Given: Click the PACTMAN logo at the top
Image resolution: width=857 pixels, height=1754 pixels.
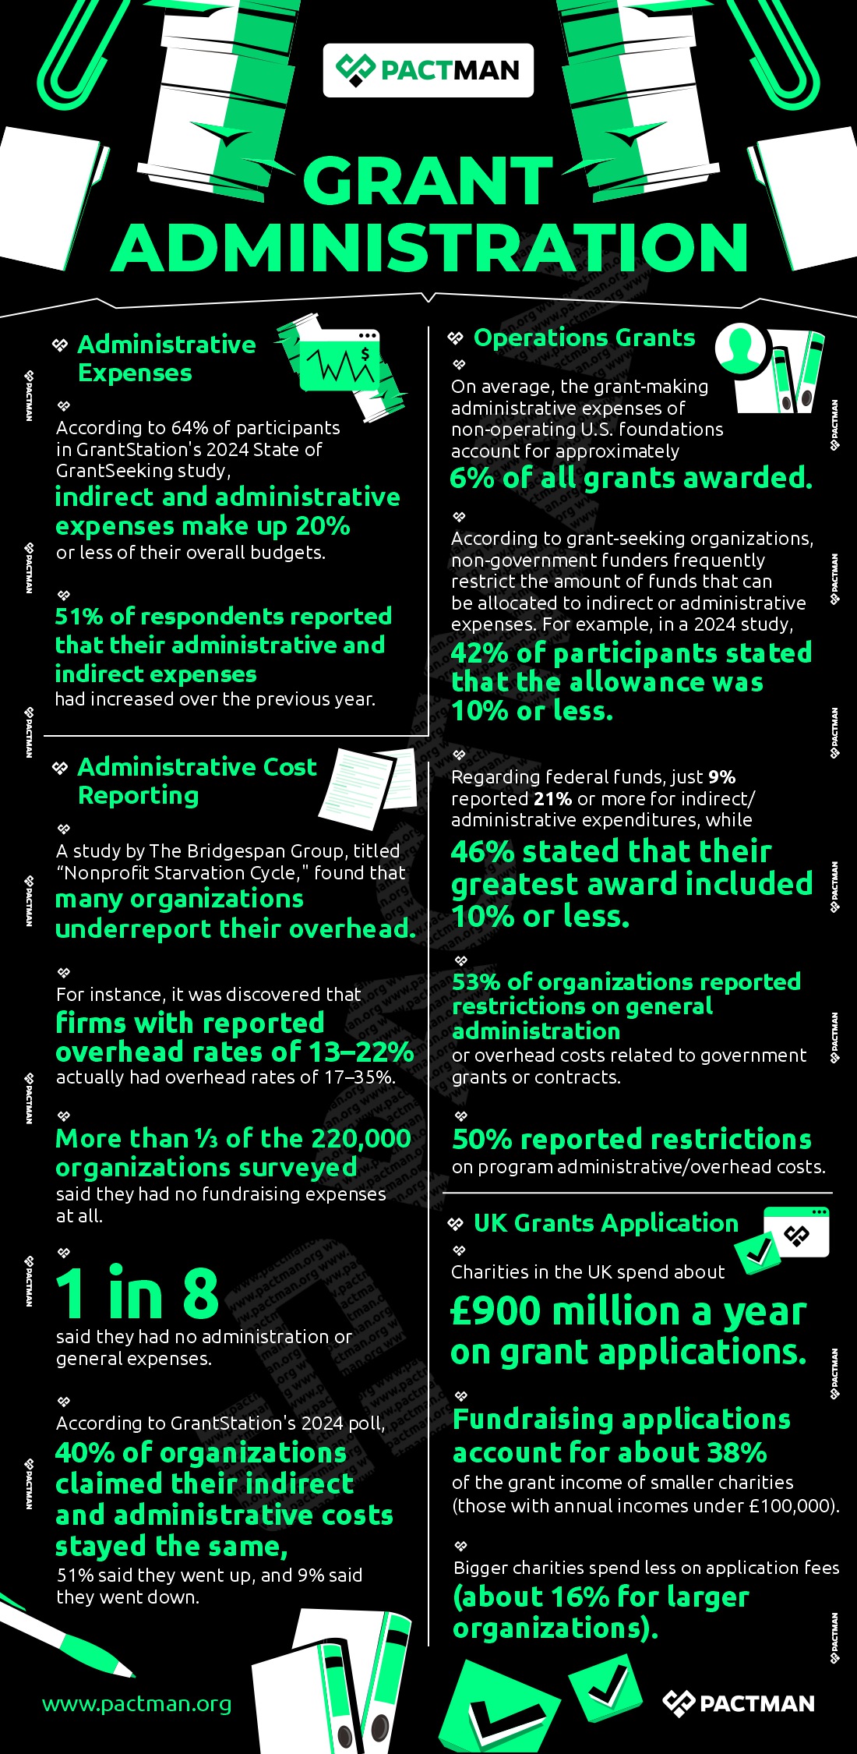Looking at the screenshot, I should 428,70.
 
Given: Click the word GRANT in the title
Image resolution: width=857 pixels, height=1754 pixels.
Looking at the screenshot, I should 428,181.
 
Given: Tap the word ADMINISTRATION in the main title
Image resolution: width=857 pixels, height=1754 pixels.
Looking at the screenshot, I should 429,248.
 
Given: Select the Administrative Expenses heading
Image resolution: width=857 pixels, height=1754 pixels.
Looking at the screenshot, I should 166,358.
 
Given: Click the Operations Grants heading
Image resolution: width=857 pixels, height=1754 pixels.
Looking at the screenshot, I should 584,338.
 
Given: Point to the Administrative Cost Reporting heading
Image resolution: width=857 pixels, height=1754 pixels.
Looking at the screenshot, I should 196,780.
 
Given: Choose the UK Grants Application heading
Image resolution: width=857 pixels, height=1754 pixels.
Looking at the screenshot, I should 605,1222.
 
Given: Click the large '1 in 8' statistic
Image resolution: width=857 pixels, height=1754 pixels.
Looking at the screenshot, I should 137,1293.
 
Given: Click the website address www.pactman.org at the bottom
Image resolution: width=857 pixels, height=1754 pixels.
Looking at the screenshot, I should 137,1703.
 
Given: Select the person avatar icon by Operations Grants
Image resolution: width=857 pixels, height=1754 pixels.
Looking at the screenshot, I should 741,348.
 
